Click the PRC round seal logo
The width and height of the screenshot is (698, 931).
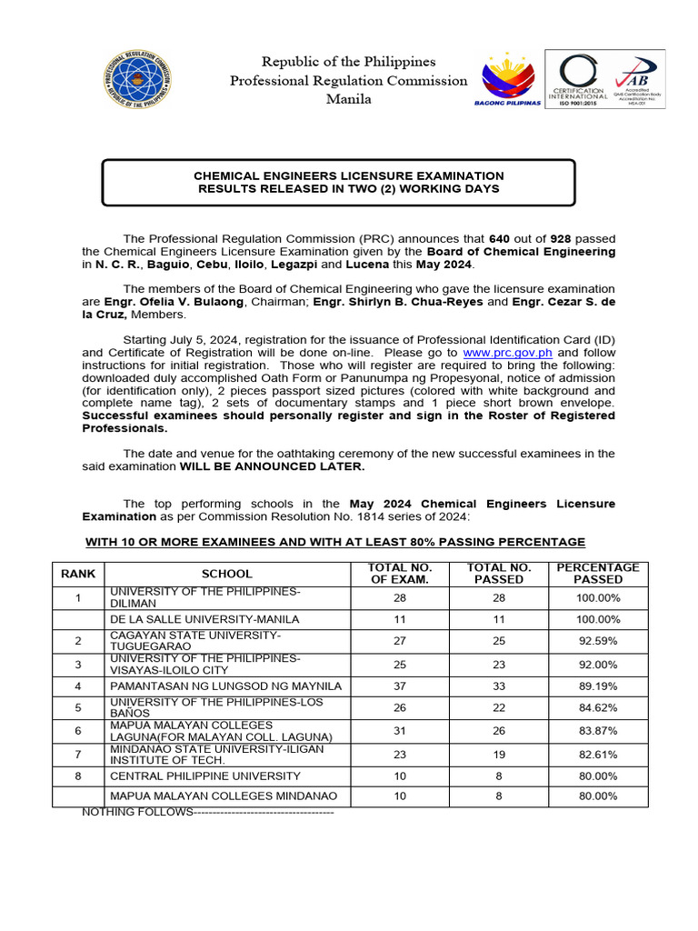(139, 79)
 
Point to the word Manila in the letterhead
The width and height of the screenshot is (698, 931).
(349, 99)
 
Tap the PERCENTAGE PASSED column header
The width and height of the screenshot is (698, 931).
(598, 573)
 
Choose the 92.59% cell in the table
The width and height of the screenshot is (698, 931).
(598, 639)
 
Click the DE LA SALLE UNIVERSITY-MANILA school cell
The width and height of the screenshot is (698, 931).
(204, 619)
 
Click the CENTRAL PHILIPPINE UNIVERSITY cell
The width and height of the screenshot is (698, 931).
(204, 776)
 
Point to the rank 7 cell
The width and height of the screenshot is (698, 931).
(79, 754)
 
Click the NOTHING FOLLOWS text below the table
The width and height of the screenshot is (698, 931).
(136, 811)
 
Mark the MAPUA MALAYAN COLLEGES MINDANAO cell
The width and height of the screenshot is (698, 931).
(224, 796)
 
